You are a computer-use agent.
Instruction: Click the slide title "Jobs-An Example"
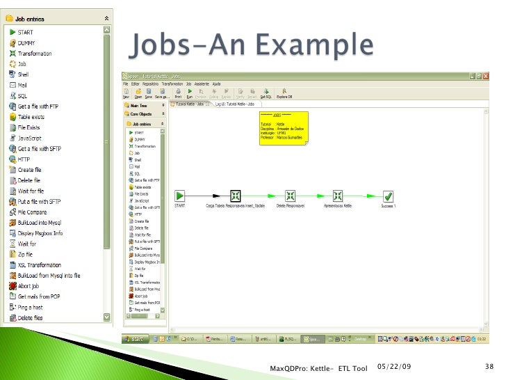(251, 47)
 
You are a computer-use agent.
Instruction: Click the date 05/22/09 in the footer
(393, 367)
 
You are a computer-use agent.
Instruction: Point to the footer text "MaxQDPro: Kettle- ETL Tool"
(318, 367)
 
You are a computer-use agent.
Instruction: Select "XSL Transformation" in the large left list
(39, 265)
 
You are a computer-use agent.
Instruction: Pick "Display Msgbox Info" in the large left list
(40, 233)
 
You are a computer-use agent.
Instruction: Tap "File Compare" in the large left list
(32, 212)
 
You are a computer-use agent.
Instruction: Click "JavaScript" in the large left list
(30, 138)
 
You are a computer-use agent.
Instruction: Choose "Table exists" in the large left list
(32, 117)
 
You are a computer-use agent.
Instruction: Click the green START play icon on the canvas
(179, 196)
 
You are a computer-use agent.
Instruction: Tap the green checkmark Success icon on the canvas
(389, 196)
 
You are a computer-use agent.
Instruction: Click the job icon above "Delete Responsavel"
(291, 196)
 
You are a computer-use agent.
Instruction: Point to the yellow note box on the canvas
(281, 127)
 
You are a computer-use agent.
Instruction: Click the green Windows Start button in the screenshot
(136, 339)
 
